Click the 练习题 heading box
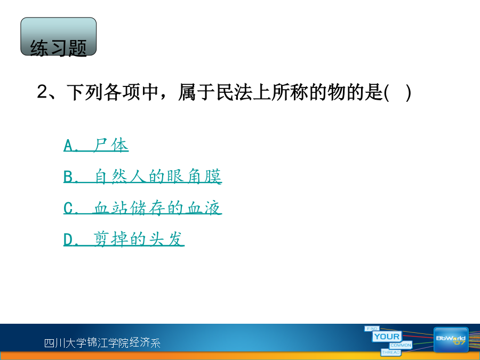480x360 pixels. click(59, 37)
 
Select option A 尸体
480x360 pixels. click(96, 145)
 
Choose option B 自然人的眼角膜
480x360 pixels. click(142, 177)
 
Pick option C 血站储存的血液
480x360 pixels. click(142, 208)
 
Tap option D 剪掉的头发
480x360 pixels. click(124, 239)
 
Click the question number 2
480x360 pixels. click(42, 92)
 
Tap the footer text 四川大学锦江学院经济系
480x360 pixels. click(102, 342)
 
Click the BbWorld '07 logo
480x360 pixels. click(451, 340)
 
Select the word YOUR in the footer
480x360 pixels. click(387, 337)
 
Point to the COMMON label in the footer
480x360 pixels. click(401, 345)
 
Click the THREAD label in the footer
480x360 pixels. click(391, 353)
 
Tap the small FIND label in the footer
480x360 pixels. click(372, 329)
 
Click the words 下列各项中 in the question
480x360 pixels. click(113, 92)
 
